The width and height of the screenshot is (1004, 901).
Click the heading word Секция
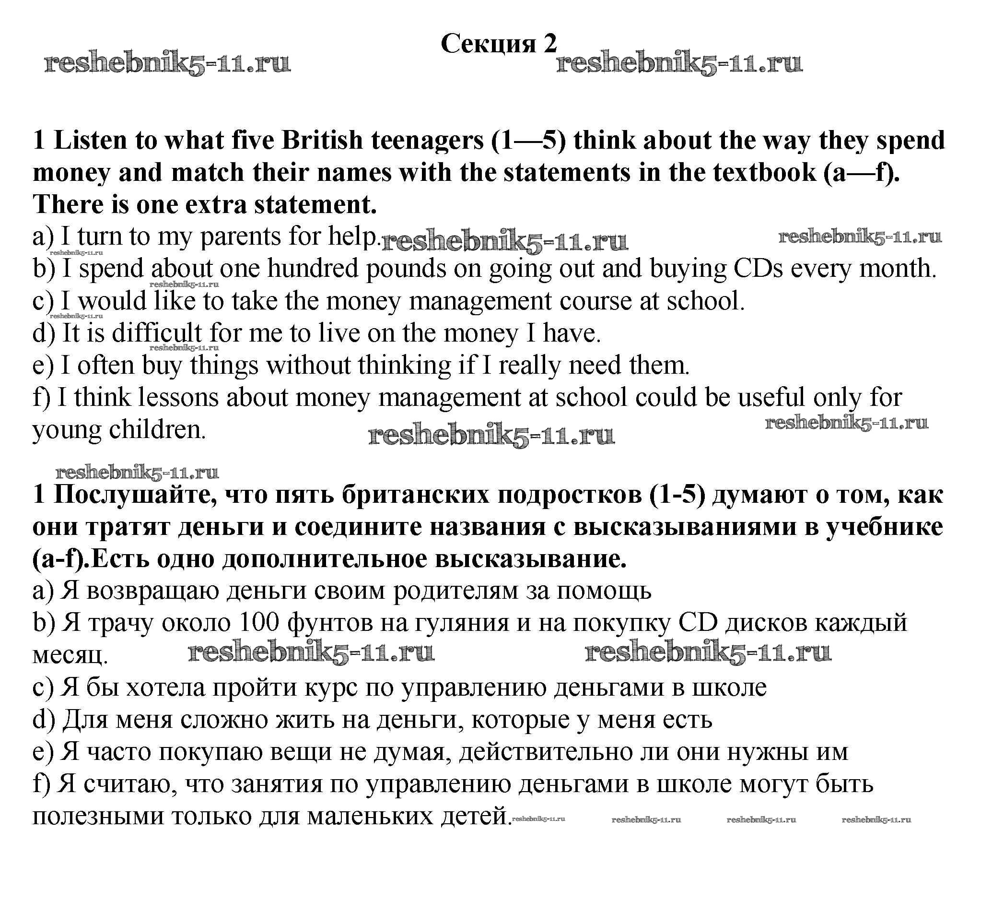click(x=488, y=44)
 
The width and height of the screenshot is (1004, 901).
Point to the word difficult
click(x=156, y=332)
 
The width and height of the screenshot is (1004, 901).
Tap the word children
click(x=157, y=430)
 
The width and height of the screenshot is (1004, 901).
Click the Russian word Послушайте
click(x=135, y=495)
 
